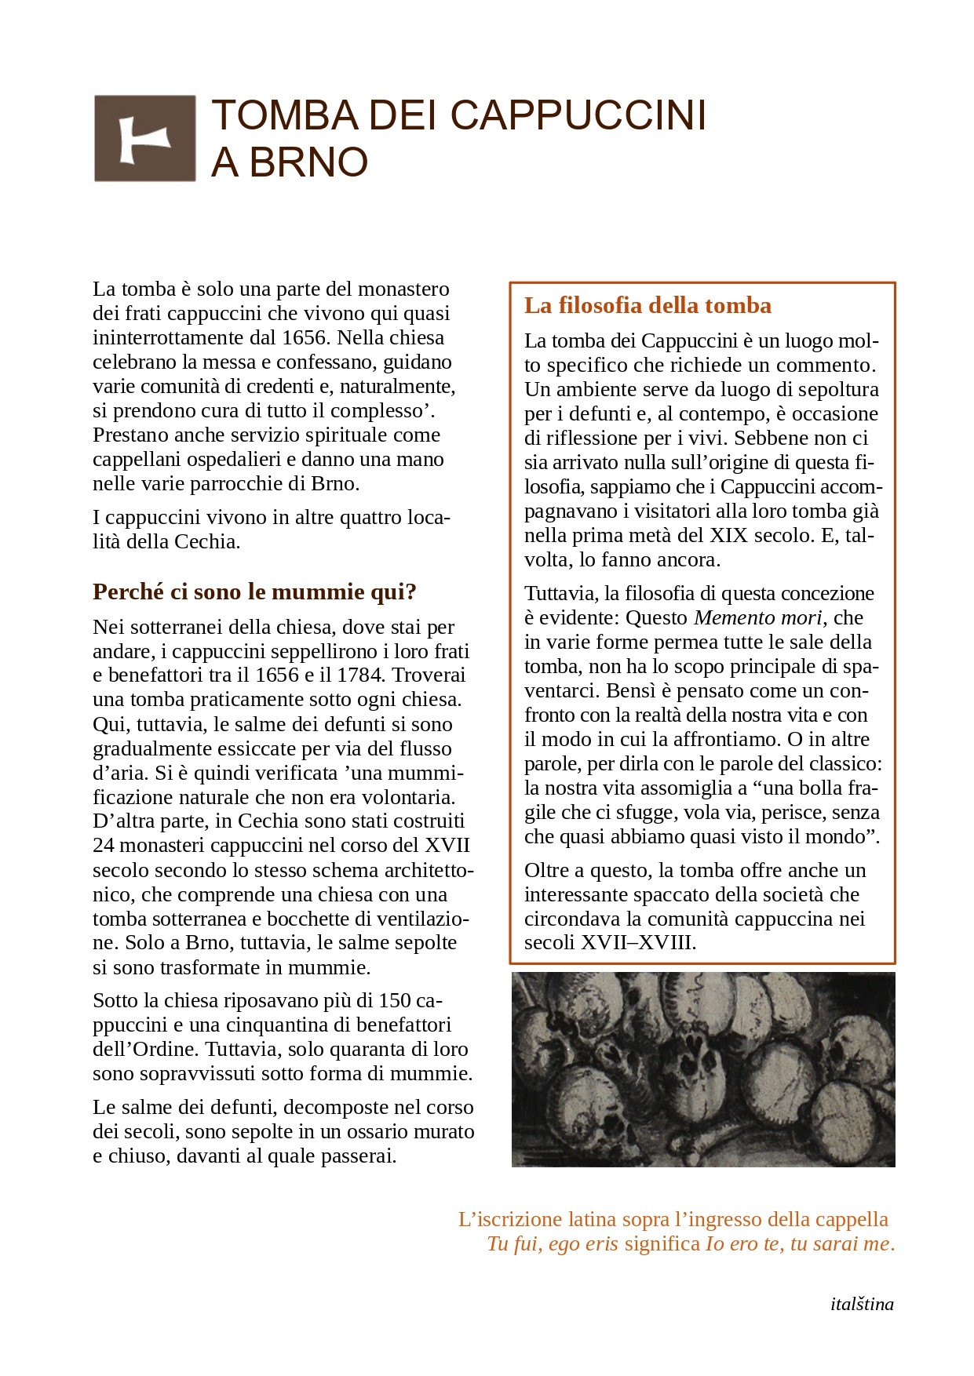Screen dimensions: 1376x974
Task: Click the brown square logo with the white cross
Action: [144, 139]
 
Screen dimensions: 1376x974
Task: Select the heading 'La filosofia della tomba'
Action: [648, 305]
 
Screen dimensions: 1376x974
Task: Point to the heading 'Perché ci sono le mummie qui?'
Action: [254, 592]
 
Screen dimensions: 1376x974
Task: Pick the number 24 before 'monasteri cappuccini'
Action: [104, 846]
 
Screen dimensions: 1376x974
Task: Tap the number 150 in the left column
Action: [395, 1001]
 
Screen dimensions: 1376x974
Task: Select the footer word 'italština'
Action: [861, 1305]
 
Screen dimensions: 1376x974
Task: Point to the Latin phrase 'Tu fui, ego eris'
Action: [553, 1244]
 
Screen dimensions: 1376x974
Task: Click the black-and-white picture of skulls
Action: [702, 1069]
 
